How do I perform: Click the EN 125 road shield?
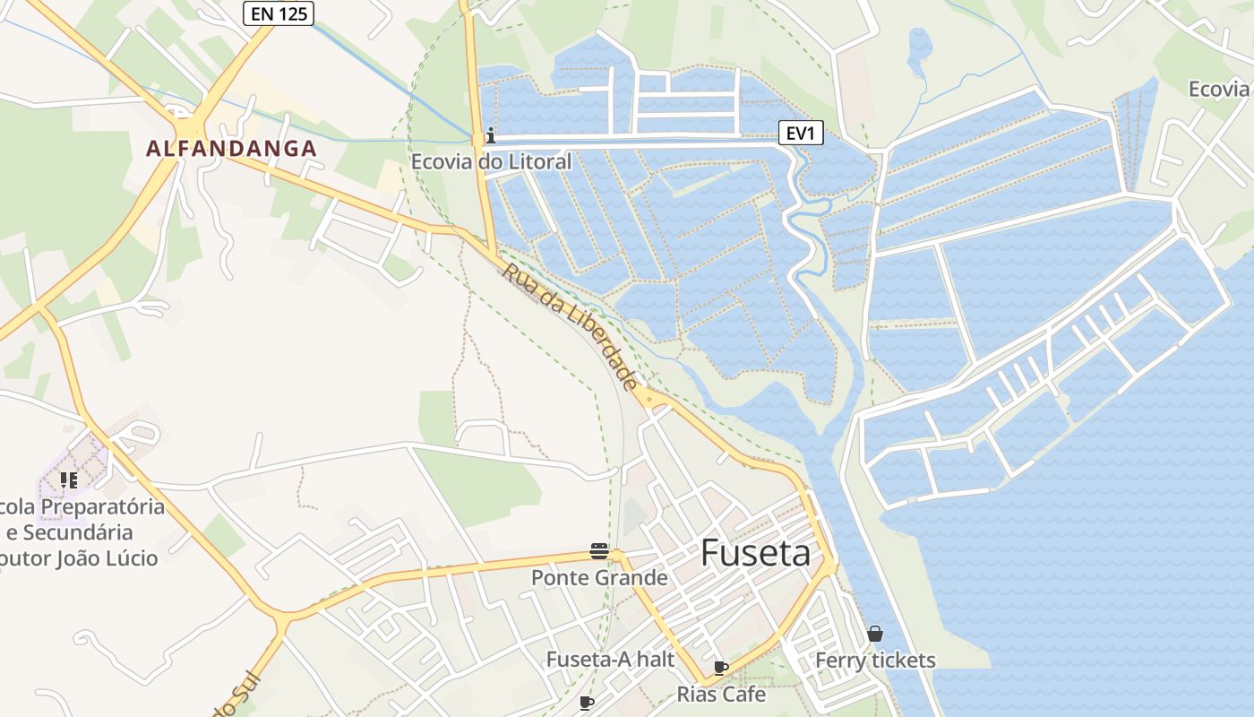click(279, 13)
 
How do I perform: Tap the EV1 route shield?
click(800, 134)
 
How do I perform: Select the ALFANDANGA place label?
click(231, 149)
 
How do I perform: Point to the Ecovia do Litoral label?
click(491, 162)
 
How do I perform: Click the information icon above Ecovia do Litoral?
click(490, 136)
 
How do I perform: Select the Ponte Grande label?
click(599, 578)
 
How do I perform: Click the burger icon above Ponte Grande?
click(599, 551)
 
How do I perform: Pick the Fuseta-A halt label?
click(610, 660)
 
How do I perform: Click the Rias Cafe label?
click(721, 694)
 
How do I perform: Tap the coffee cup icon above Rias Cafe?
click(721, 668)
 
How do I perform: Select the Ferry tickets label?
click(875, 661)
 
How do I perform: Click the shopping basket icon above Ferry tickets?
click(875, 635)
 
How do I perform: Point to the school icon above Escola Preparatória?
click(69, 481)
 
